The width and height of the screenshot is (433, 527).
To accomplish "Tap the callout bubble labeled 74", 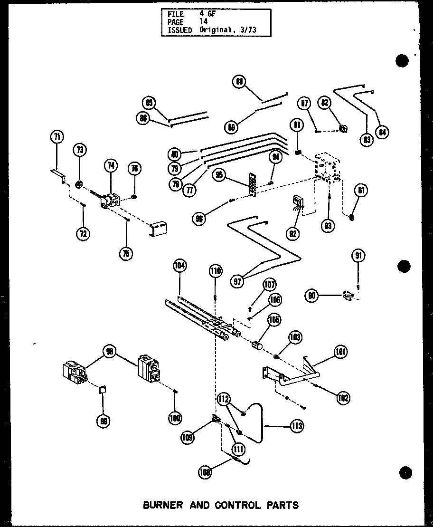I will click(110, 166).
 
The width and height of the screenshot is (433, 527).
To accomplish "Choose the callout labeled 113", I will click(297, 426).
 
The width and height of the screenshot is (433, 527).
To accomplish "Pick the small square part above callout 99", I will click(102, 390).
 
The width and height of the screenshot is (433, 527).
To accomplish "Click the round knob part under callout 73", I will click(80, 183).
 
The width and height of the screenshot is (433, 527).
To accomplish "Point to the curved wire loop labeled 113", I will click(259, 421).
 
